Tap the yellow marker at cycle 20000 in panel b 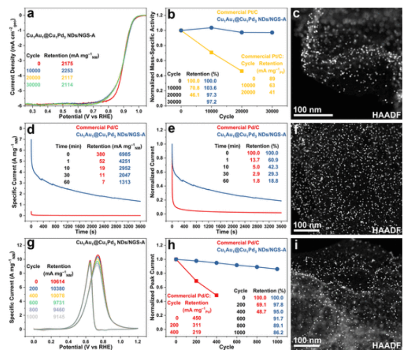coord(242,71)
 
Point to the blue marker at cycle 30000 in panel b coord(272,32)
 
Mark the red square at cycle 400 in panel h coord(217,295)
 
